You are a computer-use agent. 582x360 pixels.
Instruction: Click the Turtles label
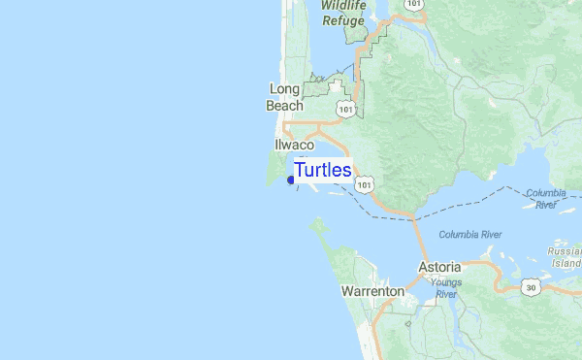click(322, 170)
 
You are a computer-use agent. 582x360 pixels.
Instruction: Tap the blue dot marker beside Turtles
click(291, 179)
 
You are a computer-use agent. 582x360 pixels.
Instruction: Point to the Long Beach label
click(285, 97)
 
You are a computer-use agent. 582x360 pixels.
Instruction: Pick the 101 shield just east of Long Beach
click(344, 109)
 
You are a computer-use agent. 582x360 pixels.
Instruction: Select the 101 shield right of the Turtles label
click(364, 183)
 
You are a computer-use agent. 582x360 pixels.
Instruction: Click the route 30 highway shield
click(529, 286)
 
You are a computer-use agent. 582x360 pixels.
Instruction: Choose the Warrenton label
click(372, 290)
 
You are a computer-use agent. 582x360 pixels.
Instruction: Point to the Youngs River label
click(446, 288)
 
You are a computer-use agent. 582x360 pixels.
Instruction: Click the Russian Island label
click(565, 255)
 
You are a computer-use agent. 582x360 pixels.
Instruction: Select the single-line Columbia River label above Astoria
click(469, 234)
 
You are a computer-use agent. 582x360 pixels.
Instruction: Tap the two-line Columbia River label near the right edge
click(546, 198)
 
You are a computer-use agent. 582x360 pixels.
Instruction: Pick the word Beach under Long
click(285, 105)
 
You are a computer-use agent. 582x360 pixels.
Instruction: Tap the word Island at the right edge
click(566, 262)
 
